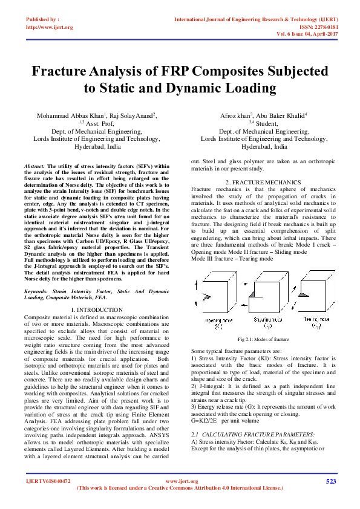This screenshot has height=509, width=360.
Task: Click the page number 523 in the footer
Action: pyautogui.click(x=331, y=481)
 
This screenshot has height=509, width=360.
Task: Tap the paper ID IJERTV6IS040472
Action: pyautogui.click(x=48, y=481)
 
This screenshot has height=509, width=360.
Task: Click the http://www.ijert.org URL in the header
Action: pyautogui.click(x=50, y=27)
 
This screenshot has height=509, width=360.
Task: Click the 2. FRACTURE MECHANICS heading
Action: pyautogui.click(x=263, y=182)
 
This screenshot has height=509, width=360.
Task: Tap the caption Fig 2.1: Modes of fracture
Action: pyautogui.click(x=263, y=340)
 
